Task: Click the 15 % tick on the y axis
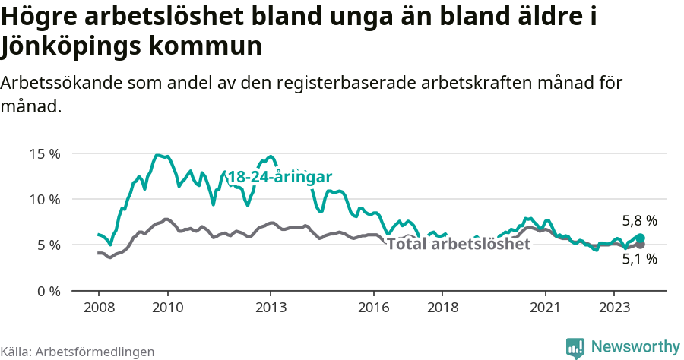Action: click(44, 153)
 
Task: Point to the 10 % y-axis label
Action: click(44, 199)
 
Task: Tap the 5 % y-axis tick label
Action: click(47, 245)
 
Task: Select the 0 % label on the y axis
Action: click(47, 291)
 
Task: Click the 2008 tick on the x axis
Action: click(99, 308)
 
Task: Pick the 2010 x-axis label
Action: click(167, 308)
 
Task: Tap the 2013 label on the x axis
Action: click(271, 308)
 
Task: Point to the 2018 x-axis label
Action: click(442, 308)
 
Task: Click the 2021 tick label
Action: click(546, 308)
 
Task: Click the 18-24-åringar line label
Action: click(280, 176)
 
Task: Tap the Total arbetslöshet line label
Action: click(458, 244)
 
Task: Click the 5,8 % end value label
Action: click(639, 221)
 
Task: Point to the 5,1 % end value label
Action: click(639, 259)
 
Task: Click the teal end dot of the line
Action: click(640, 238)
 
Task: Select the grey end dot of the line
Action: click(640, 245)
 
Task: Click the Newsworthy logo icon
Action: click(575, 347)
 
